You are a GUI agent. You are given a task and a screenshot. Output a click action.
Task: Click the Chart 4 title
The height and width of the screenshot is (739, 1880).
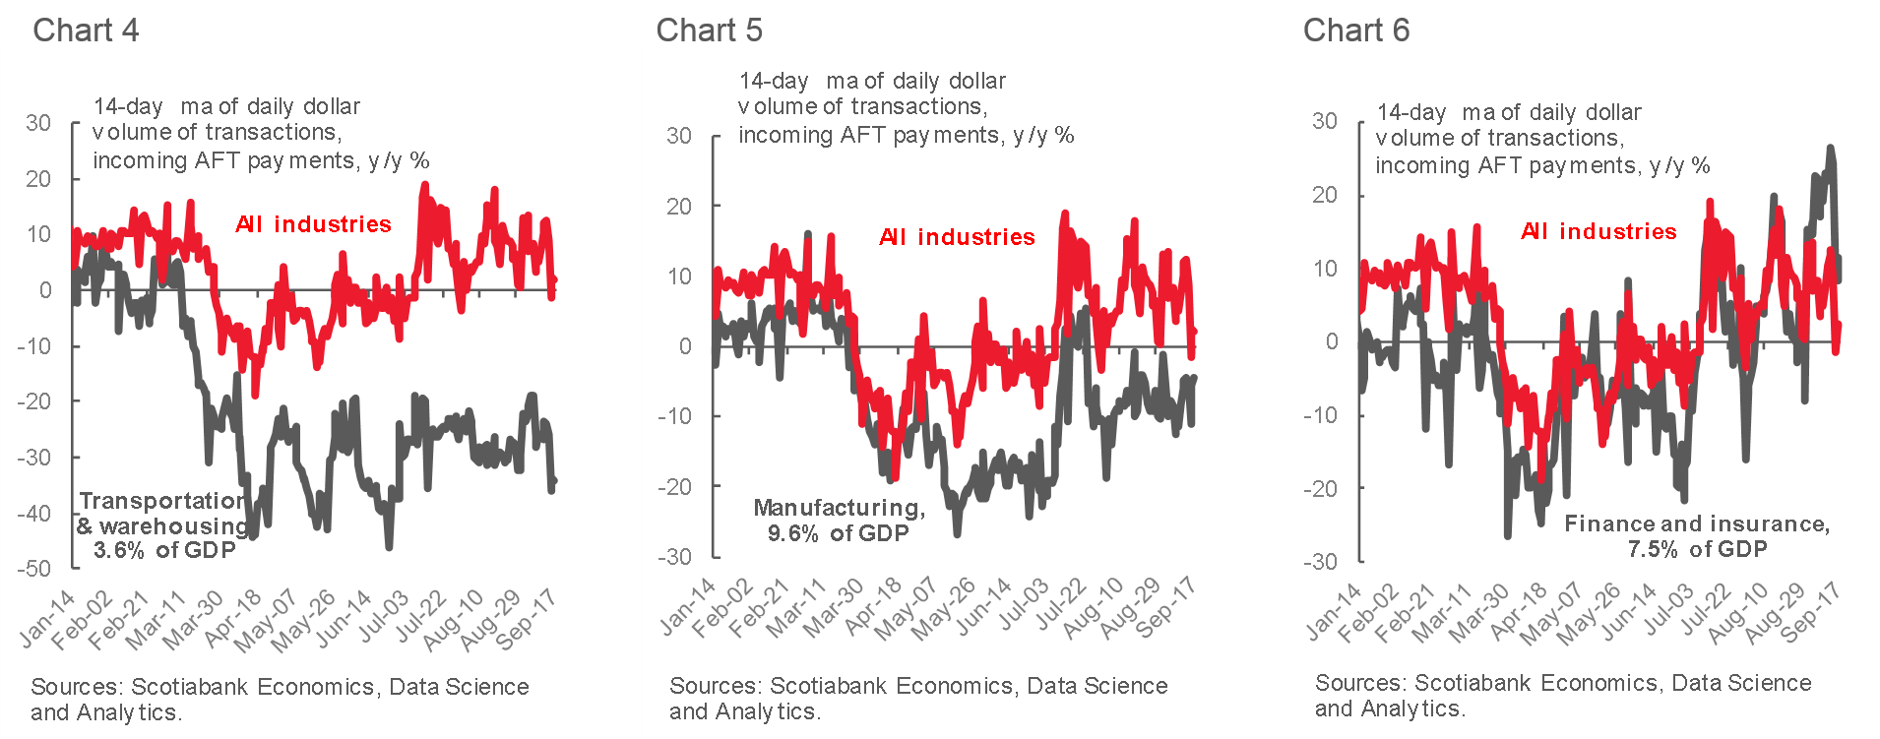point(86,31)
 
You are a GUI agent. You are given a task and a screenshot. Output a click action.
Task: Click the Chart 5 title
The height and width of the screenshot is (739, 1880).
point(709,31)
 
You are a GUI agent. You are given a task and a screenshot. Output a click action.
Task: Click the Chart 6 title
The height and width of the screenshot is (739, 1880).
point(1355,31)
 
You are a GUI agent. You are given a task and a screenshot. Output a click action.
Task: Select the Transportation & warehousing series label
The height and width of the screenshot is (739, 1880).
point(163,525)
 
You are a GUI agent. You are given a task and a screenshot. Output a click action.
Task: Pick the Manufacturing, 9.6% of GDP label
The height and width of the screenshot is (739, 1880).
point(839,521)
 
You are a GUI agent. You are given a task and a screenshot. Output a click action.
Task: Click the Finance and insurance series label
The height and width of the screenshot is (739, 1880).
point(1697,536)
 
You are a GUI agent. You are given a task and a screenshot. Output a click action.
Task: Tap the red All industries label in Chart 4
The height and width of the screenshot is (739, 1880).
point(313,224)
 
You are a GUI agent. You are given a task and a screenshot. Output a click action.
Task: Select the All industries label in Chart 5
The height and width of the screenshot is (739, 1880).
point(957,237)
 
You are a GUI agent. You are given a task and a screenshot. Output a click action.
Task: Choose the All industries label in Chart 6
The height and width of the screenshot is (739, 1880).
point(1598,231)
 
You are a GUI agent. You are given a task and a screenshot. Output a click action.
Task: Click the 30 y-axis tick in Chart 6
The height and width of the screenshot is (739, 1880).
point(1325,121)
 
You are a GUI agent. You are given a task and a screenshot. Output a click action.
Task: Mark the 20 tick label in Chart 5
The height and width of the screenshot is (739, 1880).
point(679,207)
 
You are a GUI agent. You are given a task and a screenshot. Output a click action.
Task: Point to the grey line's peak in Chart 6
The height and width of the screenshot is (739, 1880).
point(1830,148)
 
